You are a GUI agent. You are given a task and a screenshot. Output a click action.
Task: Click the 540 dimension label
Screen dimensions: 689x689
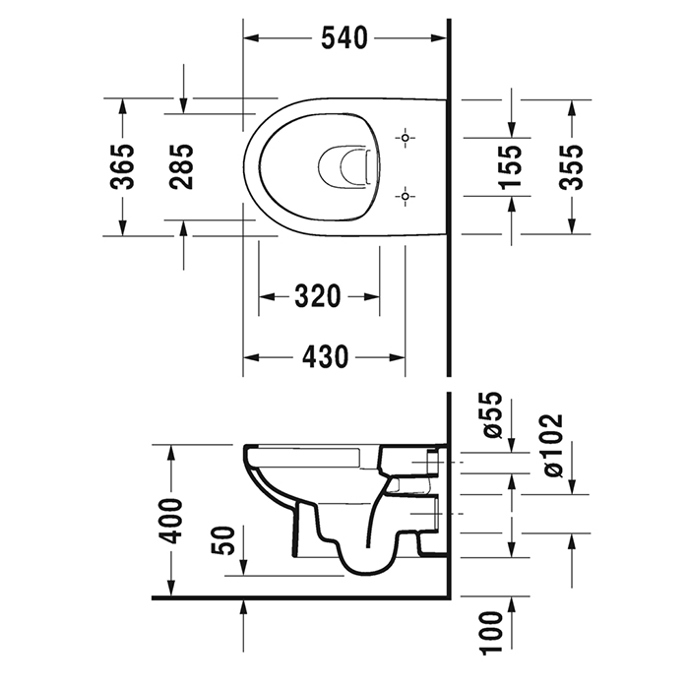click(344, 38)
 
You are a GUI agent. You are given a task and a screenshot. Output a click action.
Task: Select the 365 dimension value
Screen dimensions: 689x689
click(121, 166)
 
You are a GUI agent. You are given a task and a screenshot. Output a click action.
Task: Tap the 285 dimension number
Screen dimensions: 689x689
click(182, 166)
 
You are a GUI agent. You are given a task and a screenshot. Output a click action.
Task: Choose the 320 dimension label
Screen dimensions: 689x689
click(317, 296)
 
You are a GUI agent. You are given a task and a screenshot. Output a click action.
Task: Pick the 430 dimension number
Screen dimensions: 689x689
click(324, 357)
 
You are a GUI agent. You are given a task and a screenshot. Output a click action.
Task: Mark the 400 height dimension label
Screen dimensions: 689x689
click(170, 521)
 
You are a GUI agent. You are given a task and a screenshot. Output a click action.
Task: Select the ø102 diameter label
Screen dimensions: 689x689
click(552, 446)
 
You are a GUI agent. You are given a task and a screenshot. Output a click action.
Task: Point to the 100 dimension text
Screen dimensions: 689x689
click(493, 630)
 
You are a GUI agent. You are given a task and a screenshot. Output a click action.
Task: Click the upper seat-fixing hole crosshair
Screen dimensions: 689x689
click(403, 138)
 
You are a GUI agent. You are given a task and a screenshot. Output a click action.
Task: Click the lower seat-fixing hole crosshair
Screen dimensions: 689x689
click(403, 197)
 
